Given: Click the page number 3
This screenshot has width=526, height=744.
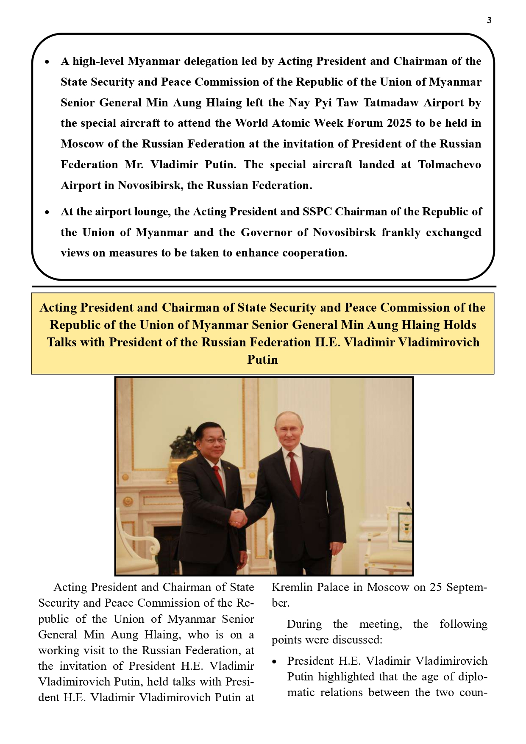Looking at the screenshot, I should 489,20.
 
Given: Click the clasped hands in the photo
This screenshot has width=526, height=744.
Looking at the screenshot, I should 238,517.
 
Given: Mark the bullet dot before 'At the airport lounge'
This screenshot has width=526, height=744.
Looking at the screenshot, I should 47,212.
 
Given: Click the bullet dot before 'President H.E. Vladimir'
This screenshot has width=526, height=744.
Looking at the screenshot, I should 275,662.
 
